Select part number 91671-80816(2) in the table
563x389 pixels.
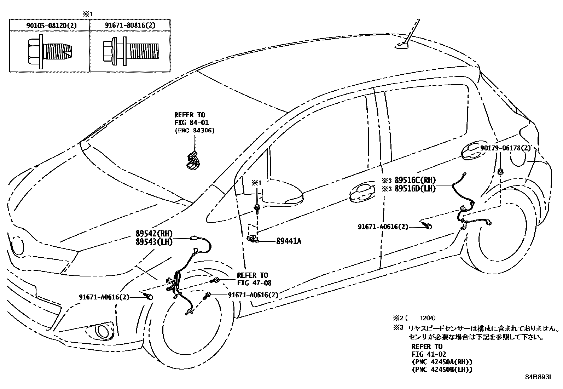pyautogui.click(x=130, y=25)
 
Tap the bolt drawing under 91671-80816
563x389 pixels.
pyautogui.click(x=130, y=51)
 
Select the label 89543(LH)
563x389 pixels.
pyautogui.click(x=153, y=242)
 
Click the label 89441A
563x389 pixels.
pyautogui.click(x=289, y=241)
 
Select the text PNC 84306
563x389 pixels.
pyautogui.click(x=195, y=131)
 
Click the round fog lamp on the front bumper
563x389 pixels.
pyautogui.click(x=103, y=332)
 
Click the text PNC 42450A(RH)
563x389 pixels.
pyautogui.click(x=442, y=362)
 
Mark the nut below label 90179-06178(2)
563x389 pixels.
pyautogui.click(x=501, y=172)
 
